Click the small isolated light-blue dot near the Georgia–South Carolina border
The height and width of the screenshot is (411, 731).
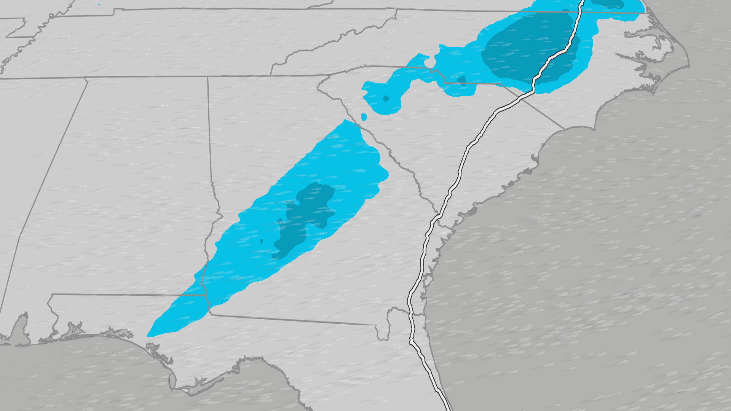(364, 117)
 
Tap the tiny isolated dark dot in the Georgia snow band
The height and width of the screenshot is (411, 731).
(261, 241)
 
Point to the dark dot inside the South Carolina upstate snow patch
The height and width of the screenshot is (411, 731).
(386, 99)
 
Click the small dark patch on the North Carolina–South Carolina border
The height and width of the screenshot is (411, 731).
(461, 80)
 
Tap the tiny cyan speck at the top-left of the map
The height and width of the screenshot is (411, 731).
(99, 5)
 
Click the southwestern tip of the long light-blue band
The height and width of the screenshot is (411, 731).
(149, 335)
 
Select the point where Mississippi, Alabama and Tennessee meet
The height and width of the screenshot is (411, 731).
(86, 78)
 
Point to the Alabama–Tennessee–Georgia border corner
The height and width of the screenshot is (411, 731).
(207, 77)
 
